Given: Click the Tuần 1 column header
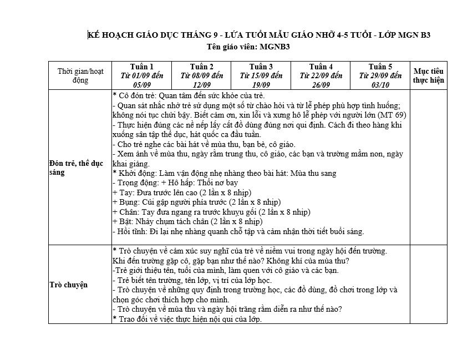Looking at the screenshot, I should coord(141,75).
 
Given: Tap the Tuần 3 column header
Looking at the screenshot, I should coord(261,75).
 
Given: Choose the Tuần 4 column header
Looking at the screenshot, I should coord(321,75).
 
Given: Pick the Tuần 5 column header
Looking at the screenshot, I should coord(380,75).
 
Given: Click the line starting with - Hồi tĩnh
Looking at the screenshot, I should coord(238,231).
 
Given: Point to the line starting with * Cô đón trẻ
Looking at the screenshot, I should coord(189,95).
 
